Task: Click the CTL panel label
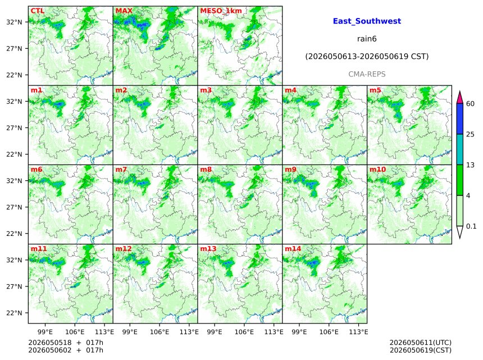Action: (x=37, y=11)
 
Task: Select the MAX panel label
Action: (x=124, y=11)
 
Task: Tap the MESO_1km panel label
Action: (x=221, y=11)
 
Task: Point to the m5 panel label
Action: (x=375, y=90)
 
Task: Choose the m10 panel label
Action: (x=377, y=170)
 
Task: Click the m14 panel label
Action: (x=293, y=249)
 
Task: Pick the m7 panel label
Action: (x=121, y=170)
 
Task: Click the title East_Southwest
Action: (x=367, y=21)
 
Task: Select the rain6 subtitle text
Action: (x=367, y=39)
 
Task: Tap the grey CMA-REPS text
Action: (x=367, y=74)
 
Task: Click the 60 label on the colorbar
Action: (x=470, y=104)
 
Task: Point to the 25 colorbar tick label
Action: (x=470, y=134)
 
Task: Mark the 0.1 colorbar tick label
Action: (x=471, y=226)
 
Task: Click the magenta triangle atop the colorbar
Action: (x=459, y=98)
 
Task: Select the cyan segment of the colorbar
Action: (x=459, y=149)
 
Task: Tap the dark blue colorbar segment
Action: (x=459, y=119)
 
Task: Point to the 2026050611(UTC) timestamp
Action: (x=421, y=343)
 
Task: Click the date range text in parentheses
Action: (x=367, y=57)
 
